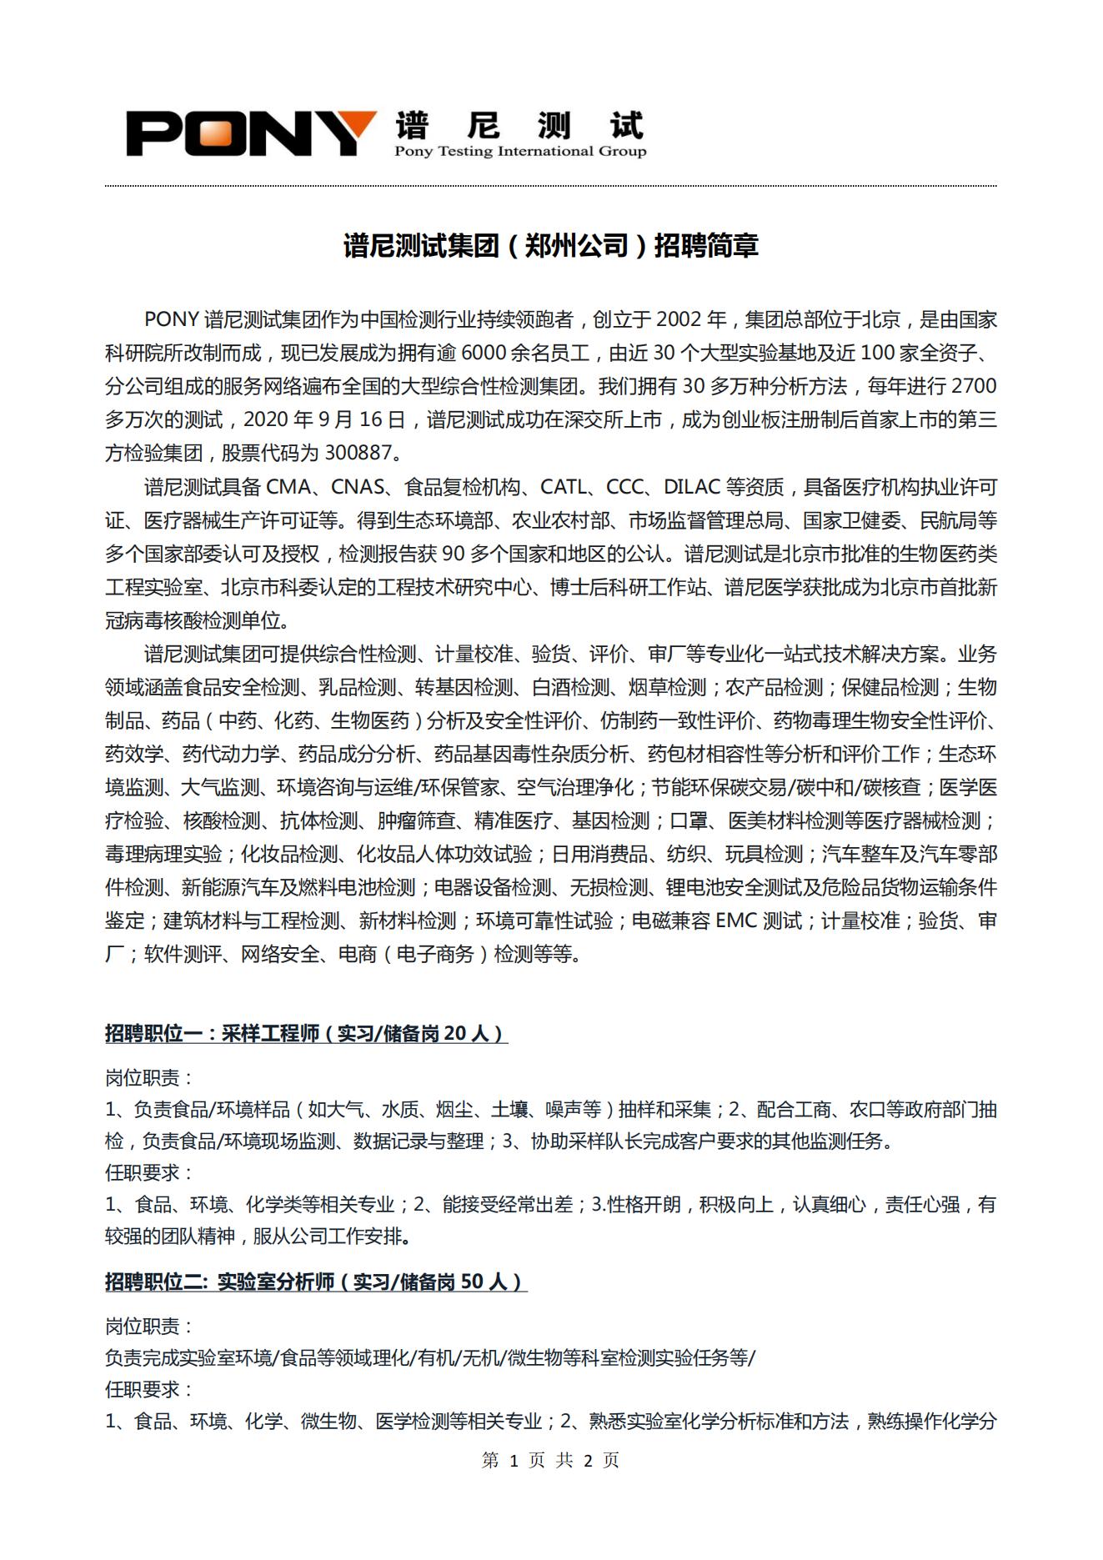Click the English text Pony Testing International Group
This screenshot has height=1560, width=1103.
pos(520,152)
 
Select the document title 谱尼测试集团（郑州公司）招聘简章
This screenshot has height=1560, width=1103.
pos(551,246)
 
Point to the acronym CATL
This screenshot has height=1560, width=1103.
pos(564,487)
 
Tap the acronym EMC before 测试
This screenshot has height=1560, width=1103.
pos(736,921)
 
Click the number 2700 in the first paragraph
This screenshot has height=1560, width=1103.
pos(973,387)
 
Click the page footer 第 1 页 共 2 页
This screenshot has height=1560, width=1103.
pos(551,1460)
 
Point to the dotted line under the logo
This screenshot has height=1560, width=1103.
pos(551,186)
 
